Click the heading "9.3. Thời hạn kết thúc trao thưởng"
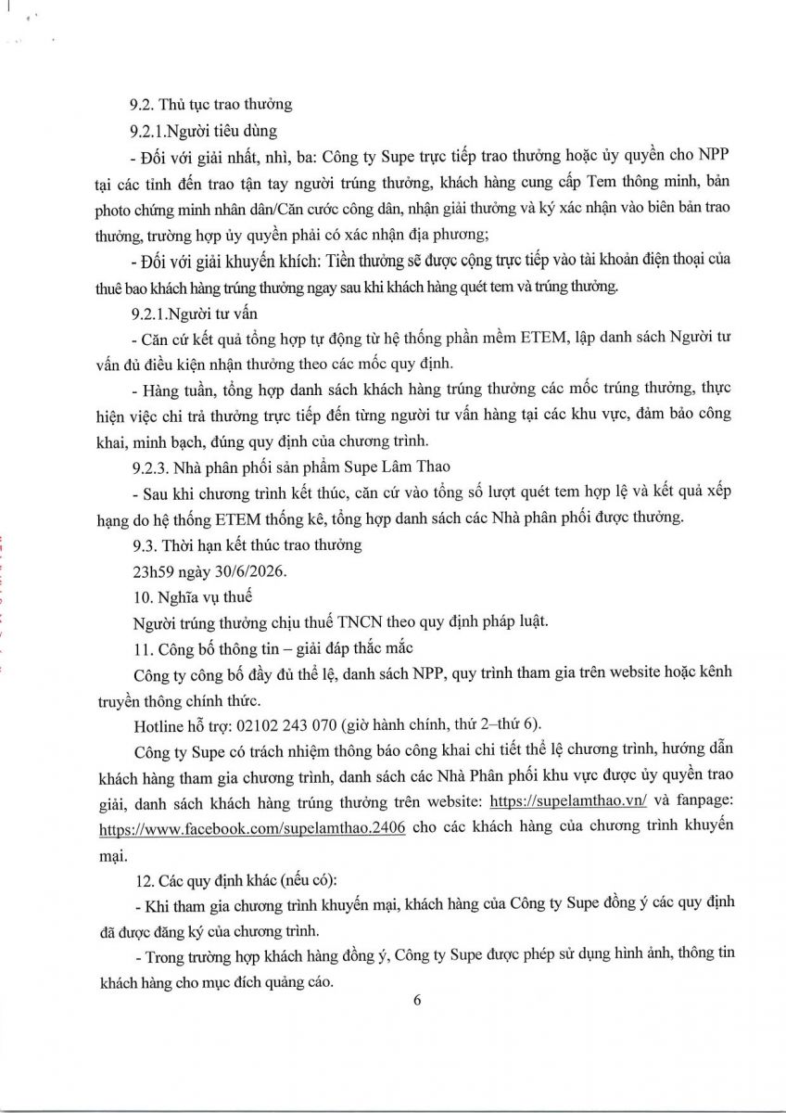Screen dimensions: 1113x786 246,544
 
